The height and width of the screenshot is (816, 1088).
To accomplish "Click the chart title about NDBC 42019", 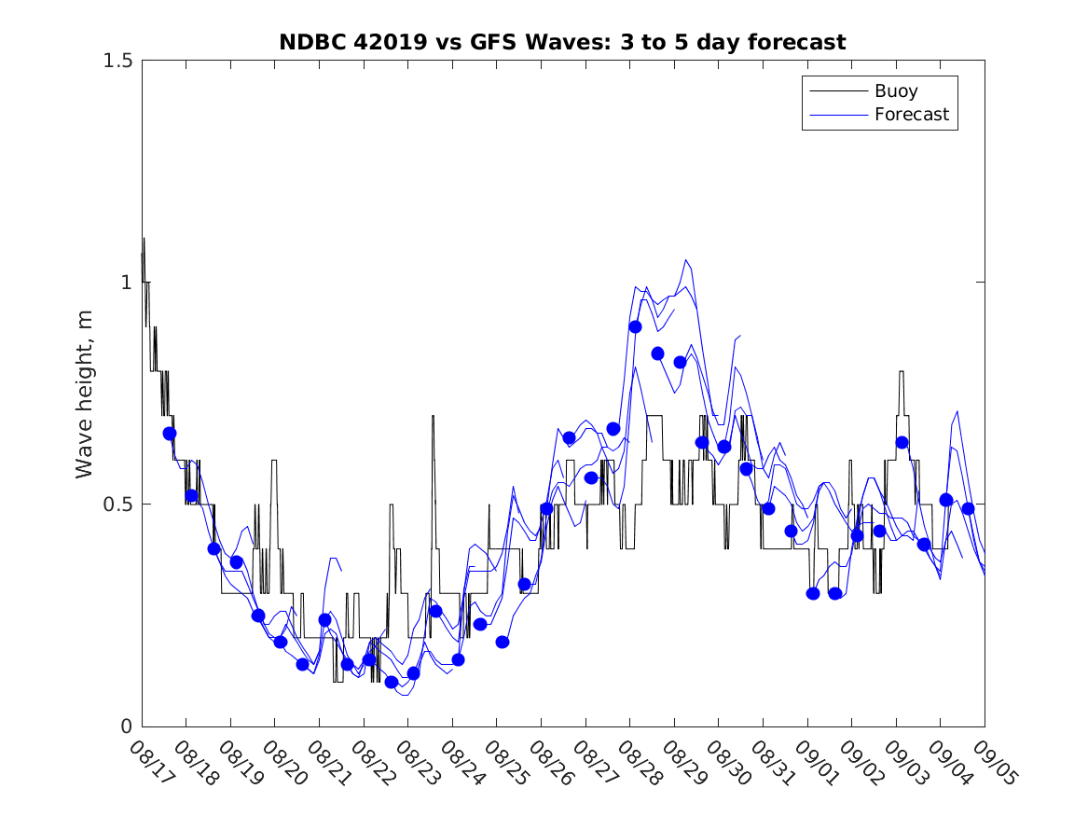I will pos(562,42).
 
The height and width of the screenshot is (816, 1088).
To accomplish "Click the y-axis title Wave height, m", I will pos(86,393).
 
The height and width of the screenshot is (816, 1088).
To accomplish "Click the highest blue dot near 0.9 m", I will pos(635,326).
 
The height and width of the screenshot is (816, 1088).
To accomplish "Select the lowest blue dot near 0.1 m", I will pos(392,682).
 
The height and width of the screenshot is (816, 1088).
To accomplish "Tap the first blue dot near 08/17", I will pos(170,434).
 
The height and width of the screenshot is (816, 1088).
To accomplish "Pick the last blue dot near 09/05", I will pos(968,508).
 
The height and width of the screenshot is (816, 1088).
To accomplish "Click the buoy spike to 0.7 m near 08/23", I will pos(433,416).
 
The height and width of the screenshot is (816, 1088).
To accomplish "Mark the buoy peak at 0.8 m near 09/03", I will pos(902,372).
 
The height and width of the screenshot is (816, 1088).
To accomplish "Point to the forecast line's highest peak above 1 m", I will pos(686,260).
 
